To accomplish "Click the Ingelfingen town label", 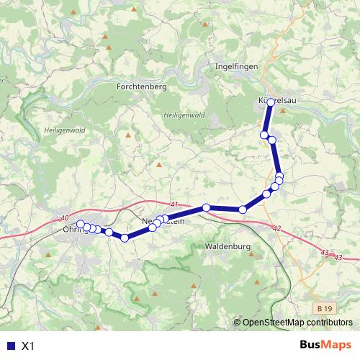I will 237,66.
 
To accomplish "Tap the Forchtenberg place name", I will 141,86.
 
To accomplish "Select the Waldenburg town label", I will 228,246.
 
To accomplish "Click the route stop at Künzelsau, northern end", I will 271,102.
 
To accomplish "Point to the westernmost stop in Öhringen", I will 81,224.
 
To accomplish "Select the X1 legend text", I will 28,346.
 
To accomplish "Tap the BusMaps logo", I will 325,345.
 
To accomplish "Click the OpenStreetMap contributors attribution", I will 297,323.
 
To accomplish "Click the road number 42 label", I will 277,228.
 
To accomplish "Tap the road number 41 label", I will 174,204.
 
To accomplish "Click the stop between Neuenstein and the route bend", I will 207,208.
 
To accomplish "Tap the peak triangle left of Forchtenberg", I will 105,36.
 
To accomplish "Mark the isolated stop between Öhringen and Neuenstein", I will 125,238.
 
